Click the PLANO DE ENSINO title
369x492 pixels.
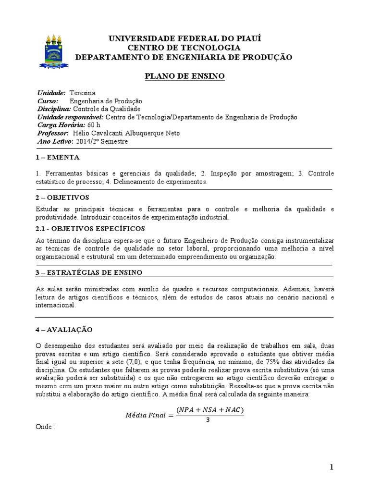click(x=184, y=76)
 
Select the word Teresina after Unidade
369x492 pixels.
click(x=83, y=93)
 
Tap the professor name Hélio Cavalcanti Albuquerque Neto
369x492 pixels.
click(x=125, y=133)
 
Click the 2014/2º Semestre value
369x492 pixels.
click(x=102, y=141)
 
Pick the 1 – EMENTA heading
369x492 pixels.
click(x=58, y=157)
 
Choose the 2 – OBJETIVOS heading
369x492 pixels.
click(x=62, y=197)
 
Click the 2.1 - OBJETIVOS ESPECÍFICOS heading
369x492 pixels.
click(x=90, y=228)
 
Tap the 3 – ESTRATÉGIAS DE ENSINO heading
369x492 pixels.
click(x=89, y=272)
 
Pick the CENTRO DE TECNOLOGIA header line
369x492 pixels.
click(x=184, y=48)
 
